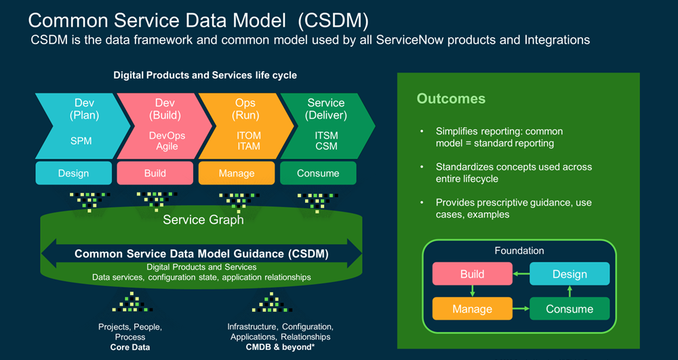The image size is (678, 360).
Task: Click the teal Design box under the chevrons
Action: [73, 173]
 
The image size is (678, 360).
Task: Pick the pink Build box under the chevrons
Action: [155, 173]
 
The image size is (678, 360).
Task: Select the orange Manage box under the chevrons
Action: [236, 173]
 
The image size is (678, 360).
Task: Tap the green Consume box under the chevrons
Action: [318, 173]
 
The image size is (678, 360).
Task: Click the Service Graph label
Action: [203, 220]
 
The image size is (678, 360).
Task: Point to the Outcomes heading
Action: [451, 99]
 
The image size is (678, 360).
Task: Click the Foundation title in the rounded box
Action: [519, 251]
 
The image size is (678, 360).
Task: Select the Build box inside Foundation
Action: [472, 274]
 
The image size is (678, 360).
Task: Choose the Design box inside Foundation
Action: [570, 274]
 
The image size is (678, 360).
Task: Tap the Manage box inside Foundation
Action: [472, 308]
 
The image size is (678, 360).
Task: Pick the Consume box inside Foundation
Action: [570, 308]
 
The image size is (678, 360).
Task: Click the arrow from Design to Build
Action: [521, 273]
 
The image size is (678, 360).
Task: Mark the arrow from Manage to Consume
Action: [521, 308]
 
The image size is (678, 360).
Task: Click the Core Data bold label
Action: [130, 347]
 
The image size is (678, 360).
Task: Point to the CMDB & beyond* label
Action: [281, 347]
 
